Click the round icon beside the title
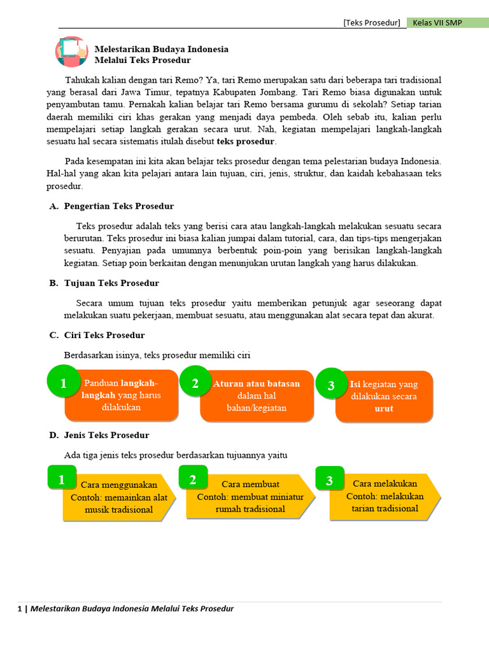click(71, 52)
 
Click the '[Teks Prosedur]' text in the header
click(372, 23)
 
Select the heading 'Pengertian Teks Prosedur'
click(118, 206)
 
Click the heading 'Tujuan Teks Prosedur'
click(111, 283)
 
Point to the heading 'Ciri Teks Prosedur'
click(104, 335)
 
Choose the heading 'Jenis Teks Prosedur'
click(106, 435)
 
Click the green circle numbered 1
click(63, 383)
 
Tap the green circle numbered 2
click(195, 383)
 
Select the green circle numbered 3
click(330, 385)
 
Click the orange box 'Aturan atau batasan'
click(257, 396)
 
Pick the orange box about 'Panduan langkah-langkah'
click(121, 396)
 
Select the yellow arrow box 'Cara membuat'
click(250, 497)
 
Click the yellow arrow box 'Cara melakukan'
click(385, 496)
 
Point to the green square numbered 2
click(192, 479)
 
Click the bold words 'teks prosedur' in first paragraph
click(246, 141)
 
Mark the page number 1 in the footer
click(20, 609)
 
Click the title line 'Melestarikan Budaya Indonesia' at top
click(161, 49)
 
